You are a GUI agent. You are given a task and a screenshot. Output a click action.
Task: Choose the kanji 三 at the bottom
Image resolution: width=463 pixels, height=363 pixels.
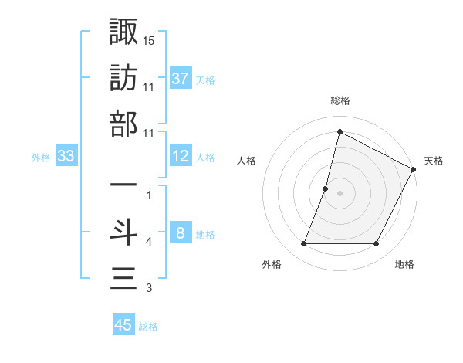point(123,279)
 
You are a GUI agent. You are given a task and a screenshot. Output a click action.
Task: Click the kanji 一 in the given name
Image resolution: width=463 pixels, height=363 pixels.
point(123,186)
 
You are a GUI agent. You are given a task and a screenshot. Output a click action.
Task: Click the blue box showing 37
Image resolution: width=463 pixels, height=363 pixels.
point(181,79)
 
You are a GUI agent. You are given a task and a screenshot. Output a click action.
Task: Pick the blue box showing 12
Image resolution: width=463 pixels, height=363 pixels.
point(181,157)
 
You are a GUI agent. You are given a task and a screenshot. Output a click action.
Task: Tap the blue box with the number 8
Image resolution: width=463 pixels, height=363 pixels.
point(181,234)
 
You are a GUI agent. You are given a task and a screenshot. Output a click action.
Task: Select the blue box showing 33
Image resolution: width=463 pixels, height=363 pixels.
point(66,157)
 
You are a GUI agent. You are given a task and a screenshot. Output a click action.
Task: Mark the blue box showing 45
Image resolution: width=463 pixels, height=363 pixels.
point(123,325)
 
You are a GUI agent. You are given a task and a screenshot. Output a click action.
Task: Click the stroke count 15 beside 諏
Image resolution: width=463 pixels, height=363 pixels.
point(150,39)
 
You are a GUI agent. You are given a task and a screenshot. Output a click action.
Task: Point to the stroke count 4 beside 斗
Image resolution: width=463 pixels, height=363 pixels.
point(149,243)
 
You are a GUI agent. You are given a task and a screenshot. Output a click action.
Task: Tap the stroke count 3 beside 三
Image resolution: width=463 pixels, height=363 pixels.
point(149,289)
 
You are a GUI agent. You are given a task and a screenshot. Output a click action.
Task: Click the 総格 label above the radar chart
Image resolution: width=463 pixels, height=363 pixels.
point(340,101)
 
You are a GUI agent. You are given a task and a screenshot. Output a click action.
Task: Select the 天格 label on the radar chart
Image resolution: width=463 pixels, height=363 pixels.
point(434,161)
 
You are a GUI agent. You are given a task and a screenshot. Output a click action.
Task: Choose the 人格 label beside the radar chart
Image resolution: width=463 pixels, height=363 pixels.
point(246,161)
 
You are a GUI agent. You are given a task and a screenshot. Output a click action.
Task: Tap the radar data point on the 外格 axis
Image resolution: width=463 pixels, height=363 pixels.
point(303,244)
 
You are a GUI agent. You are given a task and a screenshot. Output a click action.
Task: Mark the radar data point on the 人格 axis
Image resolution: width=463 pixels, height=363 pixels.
point(326,188)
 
